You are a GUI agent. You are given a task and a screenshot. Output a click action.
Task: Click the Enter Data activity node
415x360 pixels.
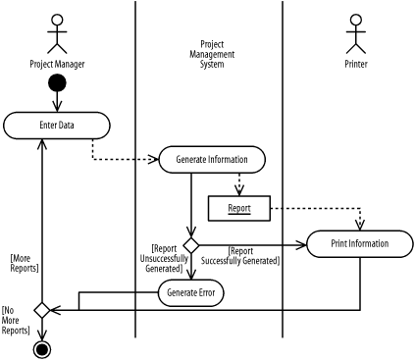pyautogui.click(x=56, y=126)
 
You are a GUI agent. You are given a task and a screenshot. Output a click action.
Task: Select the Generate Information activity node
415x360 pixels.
pyautogui.click(x=211, y=159)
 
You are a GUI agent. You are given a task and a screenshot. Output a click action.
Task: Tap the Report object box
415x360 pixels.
pyautogui.click(x=238, y=208)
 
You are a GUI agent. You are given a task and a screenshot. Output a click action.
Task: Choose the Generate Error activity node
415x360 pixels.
pyautogui.click(x=191, y=291)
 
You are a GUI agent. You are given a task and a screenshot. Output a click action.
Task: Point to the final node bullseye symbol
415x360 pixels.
pyautogui.click(x=42, y=348)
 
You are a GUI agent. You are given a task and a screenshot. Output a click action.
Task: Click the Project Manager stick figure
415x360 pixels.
pyautogui.click(x=56, y=33)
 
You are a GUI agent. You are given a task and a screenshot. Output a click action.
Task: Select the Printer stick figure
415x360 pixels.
pyautogui.click(x=355, y=33)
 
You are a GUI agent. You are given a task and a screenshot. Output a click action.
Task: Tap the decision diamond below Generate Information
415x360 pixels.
pyautogui.click(x=191, y=243)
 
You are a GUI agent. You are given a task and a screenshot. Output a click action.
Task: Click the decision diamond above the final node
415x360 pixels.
pyautogui.click(x=42, y=310)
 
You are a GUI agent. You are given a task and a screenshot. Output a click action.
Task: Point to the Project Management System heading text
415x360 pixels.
pyautogui.click(x=212, y=56)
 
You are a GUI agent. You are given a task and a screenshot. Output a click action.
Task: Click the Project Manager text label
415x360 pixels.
pyautogui.click(x=56, y=67)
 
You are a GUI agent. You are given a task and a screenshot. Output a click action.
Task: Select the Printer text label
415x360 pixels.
pyautogui.click(x=355, y=67)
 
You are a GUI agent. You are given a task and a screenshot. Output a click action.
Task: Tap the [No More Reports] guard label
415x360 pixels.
pyautogui.click(x=15, y=320)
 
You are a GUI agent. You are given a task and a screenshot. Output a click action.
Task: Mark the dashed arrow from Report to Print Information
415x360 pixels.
pyautogui.click(x=324, y=208)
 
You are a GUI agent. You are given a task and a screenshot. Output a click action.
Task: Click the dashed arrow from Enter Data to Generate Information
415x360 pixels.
pyautogui.click(x=108, y=158)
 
